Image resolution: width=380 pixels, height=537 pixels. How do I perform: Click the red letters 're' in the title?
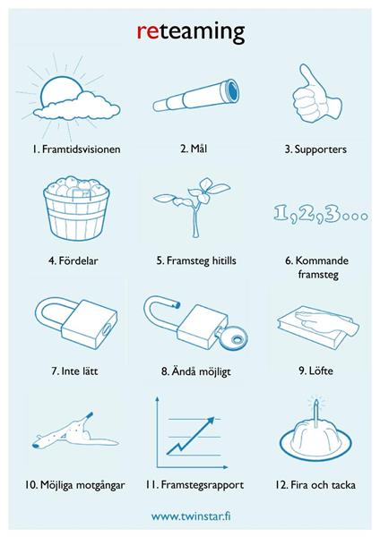coord(148,32)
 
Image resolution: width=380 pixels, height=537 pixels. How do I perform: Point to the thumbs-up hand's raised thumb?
coord(307,77)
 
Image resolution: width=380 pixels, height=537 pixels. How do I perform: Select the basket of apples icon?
coord(76,208)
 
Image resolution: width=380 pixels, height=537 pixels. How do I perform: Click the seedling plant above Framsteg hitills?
coord(193,207)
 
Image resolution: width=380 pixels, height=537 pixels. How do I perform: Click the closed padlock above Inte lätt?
coord(76,324)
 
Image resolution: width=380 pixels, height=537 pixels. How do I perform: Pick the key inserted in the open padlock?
coord(232,337)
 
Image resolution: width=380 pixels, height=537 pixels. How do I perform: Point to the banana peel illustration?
coord(74,432)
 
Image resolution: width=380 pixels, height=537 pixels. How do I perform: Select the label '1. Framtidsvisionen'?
coord(76,149)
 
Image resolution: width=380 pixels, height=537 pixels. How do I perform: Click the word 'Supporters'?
coord(320,149)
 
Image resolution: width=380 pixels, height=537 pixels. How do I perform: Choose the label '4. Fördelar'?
coord(73,260)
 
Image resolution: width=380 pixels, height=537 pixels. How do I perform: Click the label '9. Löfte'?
coord(315,371)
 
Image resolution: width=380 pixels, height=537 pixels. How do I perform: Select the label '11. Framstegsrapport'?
coord(194,485)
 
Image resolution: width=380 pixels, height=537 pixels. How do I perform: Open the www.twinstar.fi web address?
coord(191,516)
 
